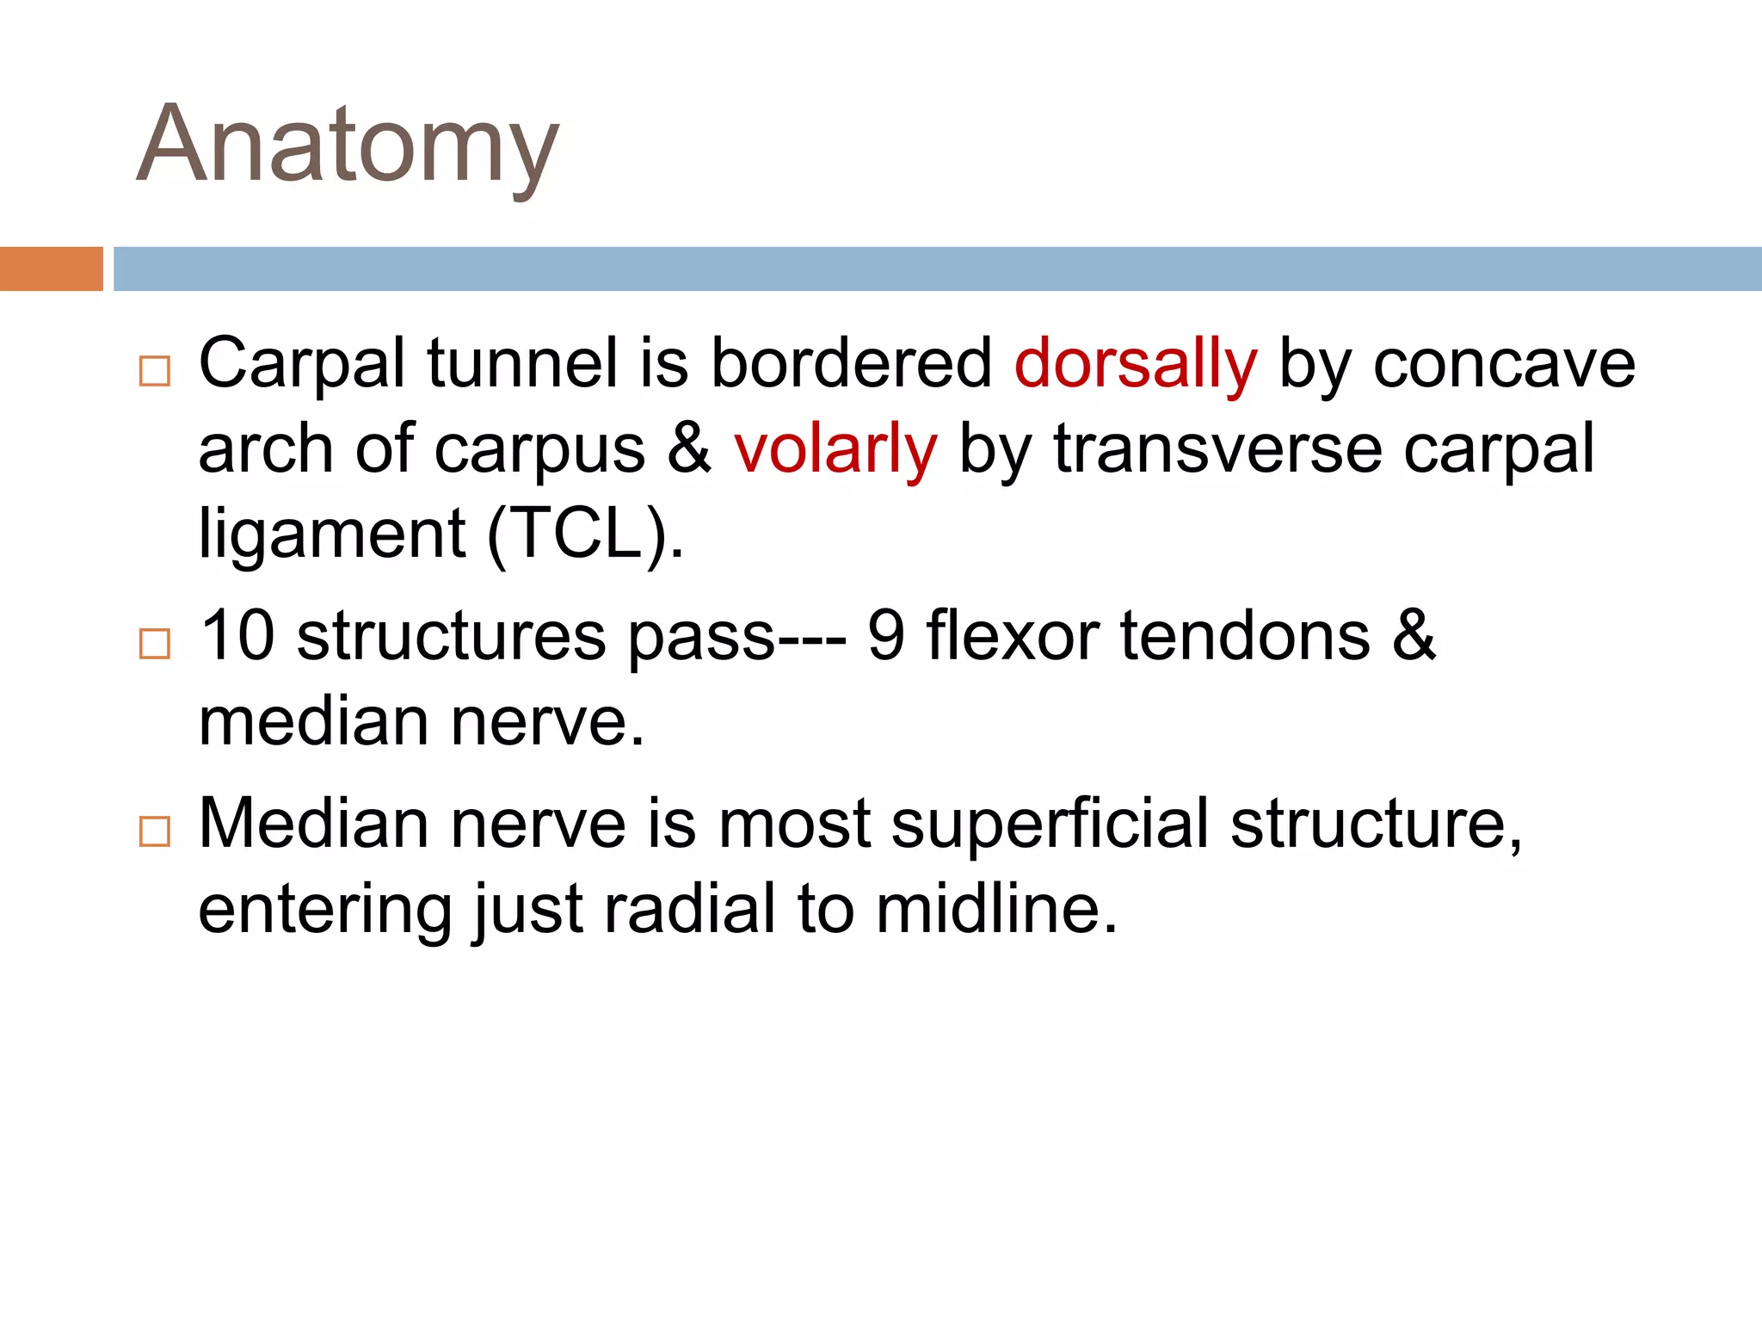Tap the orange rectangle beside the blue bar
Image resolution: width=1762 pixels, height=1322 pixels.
tap(51, 269)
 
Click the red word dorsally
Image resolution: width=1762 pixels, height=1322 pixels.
tap(1135, 364)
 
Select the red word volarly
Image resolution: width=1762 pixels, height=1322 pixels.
tap(835, 449)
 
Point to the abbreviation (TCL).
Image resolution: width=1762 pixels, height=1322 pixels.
tap(586, 534)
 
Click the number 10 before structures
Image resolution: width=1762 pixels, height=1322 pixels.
tap(237, 636)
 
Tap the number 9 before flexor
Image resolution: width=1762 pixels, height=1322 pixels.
tap(886, 636)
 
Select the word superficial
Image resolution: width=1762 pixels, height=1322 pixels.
tap(1050, 825)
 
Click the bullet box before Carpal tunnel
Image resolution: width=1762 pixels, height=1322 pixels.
tap(155, 371)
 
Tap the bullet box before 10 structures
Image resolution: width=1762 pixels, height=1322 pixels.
tap(155, 644)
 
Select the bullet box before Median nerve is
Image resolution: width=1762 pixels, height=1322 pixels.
tap(155, 831)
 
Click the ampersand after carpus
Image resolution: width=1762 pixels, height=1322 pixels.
tap(689, 449)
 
